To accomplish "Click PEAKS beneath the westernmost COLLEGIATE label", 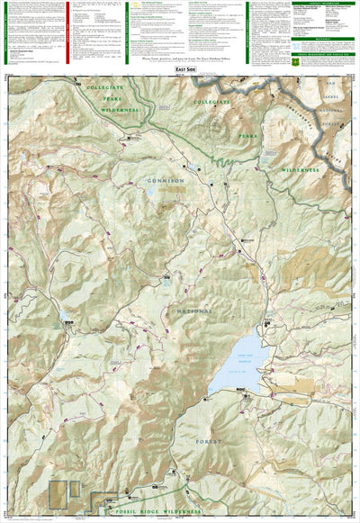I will point(108,98).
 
